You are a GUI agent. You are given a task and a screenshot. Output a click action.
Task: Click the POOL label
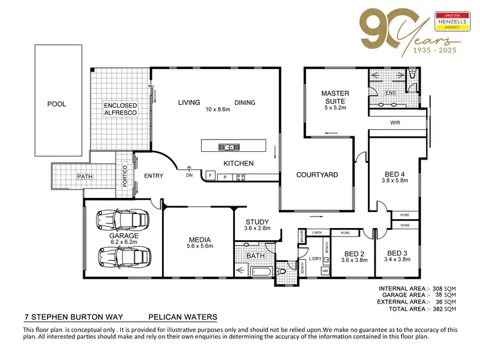click(56, 104)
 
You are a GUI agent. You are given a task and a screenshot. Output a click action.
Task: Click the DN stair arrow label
click(189, 176)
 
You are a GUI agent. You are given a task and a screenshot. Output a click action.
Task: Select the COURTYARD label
click(317, 174)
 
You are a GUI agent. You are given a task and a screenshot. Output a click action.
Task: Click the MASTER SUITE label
click(335, 97)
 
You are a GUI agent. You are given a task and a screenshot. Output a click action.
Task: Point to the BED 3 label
click(397, 253)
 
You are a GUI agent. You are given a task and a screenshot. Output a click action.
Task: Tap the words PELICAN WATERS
click(182, 316)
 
